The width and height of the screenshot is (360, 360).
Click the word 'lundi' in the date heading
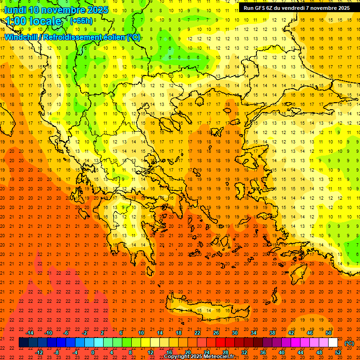(x=15, y=10)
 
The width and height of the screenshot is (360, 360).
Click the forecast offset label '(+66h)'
(x=81, y=21)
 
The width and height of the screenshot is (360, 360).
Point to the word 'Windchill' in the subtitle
(x=22, y=37)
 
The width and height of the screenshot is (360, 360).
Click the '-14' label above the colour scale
(x=30, y=333)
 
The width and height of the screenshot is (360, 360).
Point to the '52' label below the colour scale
(x=338, y=352)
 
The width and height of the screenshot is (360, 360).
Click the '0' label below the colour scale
(x=93, y=352)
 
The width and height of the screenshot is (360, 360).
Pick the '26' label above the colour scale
(x=216, y=333)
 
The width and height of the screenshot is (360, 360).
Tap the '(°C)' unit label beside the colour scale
(x=349, y=343)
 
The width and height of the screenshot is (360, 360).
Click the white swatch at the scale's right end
(x=333, y=343)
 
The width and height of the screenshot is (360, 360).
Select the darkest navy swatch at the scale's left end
(x=23, y=343)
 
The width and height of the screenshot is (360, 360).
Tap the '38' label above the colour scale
(x=272, y=333)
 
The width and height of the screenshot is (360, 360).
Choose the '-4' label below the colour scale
(x=75, y=352)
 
